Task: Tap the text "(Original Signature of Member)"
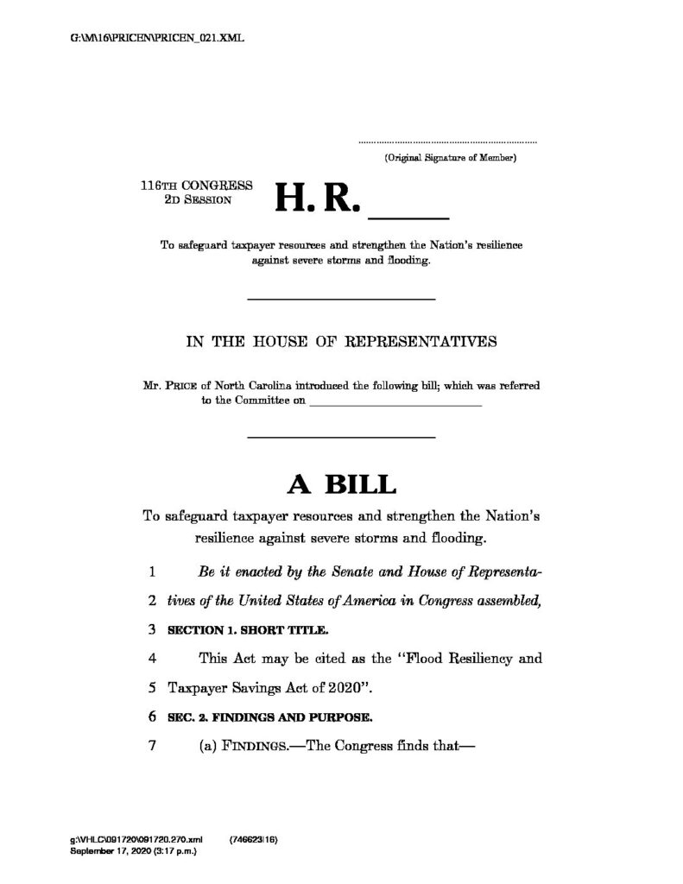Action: point(450,159)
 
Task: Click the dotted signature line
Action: point(447,141)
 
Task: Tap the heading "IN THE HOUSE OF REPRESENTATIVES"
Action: point(341,341)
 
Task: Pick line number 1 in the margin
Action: point(151,571)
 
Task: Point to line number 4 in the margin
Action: point(151,659)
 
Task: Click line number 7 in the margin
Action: point(151,745)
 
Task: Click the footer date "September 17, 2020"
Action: point(110,851)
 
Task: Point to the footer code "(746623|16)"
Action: point(254,839)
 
